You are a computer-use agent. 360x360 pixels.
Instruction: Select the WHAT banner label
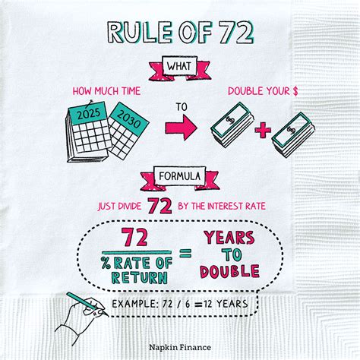[179, 66]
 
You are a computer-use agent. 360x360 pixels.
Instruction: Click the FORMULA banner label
[180, 176]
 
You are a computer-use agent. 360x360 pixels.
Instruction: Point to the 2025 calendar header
[88, 113]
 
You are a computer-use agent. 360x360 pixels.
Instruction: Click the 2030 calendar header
[129, 118]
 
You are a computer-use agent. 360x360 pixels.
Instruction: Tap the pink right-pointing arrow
[181, 128]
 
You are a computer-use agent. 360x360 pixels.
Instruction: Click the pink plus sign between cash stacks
[263, 130]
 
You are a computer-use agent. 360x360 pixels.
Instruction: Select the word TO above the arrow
[182, 107]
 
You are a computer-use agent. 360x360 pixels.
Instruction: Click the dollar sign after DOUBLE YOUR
[295, 91]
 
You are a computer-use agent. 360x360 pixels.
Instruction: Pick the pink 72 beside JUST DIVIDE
[159, 206]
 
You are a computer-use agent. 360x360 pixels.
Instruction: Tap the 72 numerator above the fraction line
[134, 237]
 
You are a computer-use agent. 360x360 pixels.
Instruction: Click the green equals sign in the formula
[185, 253]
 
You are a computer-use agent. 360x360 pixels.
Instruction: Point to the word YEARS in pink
[229, 238]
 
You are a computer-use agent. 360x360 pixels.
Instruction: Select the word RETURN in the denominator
[140, 278]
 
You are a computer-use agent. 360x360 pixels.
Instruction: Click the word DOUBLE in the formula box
[229, 271]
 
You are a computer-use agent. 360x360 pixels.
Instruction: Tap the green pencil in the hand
[82, 302]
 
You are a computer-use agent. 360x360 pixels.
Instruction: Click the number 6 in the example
[188, 304]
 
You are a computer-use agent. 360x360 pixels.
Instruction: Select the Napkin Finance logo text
[180, 347]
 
